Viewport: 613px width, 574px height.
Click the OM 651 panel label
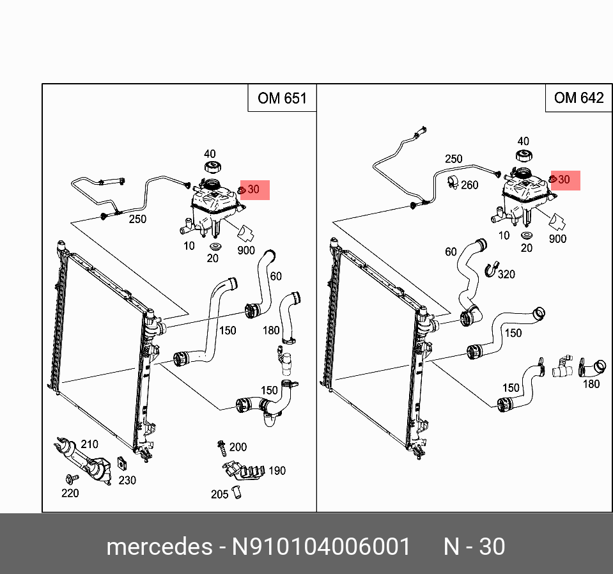pyautogui.click(x=282, y=98)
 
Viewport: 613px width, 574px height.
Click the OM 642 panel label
pyautogui.click(x=578, y=97)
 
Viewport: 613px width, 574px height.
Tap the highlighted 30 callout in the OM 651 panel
pyautogui.click(x=254, y=190)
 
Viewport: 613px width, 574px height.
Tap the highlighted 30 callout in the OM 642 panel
pyautogui.click(x=564, y=180)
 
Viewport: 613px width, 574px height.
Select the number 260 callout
pyautogui.click(x=469, y=185)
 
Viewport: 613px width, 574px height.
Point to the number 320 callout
pyautogui.click(x=506, y=274)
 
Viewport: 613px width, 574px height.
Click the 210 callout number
pyautogui.click(x=89, y=444)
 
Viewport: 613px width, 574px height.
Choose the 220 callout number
pyautogui.click(x=70, y=493)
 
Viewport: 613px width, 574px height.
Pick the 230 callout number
pyautogui.click(x=127, y=480)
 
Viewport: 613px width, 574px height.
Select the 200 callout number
pyautogui.click(x=238, y=447)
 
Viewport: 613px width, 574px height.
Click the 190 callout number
pyautogui.click(x=277, y=471)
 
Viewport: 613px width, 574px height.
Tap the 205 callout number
pyautogui.click(x=220, y=494)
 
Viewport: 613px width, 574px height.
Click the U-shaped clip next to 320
pyautogui.click(x=490, y=270)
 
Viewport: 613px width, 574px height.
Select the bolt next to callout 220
pyautogui.click(x=70, y=478)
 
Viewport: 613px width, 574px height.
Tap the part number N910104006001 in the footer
pyautogui.click(x=321, y=547)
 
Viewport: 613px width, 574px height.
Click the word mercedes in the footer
pyautogui.click(x=159, y=547)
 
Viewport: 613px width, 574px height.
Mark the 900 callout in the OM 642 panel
pyautogui.click(x=557, y=239)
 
